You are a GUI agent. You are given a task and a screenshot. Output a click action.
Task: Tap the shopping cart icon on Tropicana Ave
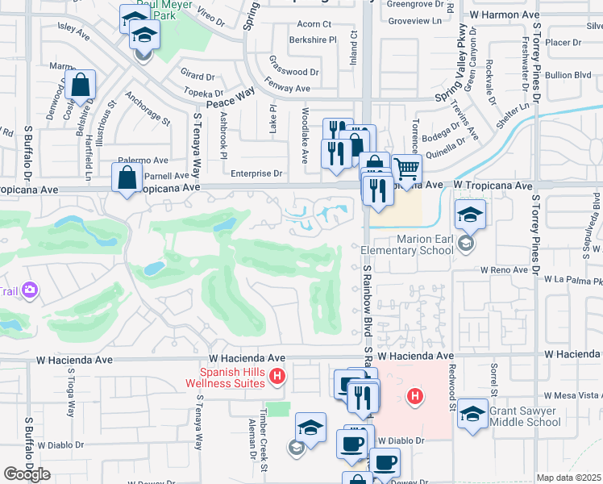408,169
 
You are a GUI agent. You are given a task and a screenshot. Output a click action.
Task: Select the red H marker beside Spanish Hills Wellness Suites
277,376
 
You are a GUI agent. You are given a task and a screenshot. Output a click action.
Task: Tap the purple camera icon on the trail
31,290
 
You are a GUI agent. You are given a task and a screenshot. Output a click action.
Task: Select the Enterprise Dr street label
256,173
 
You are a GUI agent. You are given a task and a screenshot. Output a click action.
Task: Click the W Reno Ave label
505,270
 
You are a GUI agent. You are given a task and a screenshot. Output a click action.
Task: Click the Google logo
27,474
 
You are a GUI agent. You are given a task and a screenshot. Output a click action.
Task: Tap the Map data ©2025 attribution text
568,478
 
